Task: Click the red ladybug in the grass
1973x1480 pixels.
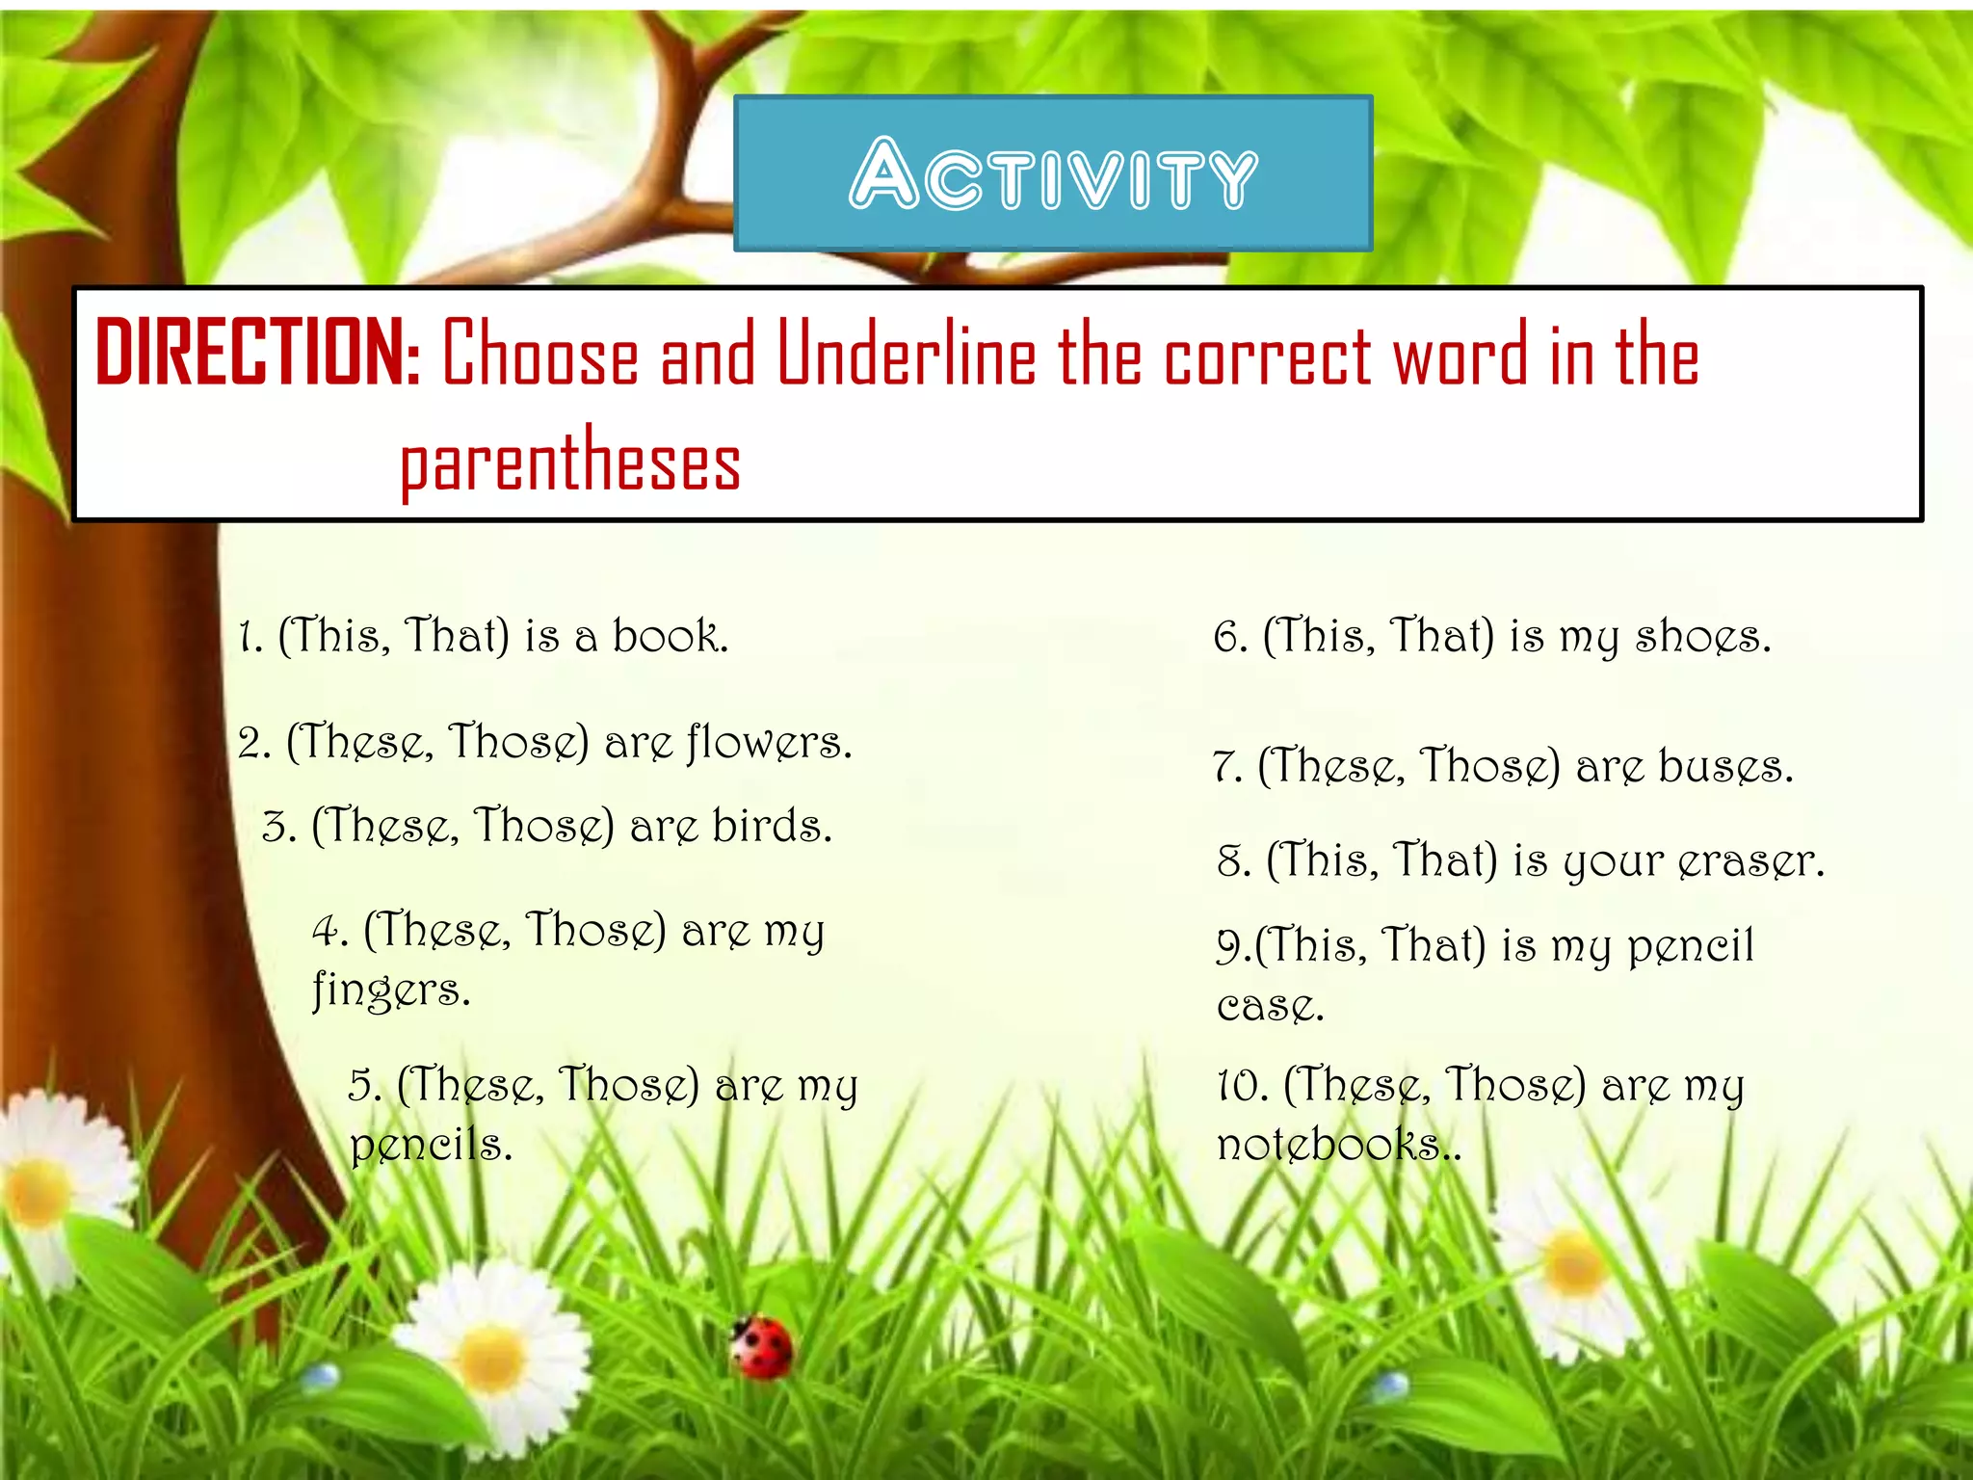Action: [x=763, y=1347]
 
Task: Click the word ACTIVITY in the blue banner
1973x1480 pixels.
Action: [x=1053, y=174]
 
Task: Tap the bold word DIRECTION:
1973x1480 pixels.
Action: [x=258, y=354]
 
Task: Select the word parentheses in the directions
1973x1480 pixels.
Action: [x=570, y=462]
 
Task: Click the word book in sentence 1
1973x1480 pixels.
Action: [x=669, y=637]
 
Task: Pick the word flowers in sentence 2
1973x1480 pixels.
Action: [x=769, y=743]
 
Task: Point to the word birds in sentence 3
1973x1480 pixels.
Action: [x=771, y=827]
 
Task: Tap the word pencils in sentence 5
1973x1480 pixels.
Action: [x=430, y=1145]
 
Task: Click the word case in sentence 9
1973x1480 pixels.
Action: [x=1269, y=1006]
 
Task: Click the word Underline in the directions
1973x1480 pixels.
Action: [x=906, y=355]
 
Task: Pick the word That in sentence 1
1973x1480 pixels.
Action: [x=455, y=637]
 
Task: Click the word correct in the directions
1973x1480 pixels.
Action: [x=1268, y=355]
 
